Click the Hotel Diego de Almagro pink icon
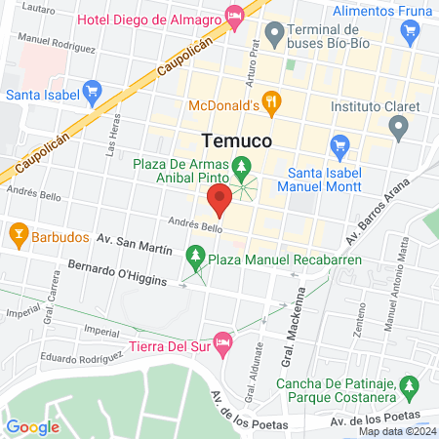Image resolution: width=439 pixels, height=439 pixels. point(233,15)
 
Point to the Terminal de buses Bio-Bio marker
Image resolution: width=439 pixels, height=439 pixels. point(275,36)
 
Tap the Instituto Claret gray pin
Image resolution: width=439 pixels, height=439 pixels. point(397,126)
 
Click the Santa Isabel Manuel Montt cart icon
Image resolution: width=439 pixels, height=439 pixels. point(339,148)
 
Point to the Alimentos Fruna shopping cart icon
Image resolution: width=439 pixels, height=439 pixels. point(409,33)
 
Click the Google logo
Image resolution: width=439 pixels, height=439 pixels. point(32,426)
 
